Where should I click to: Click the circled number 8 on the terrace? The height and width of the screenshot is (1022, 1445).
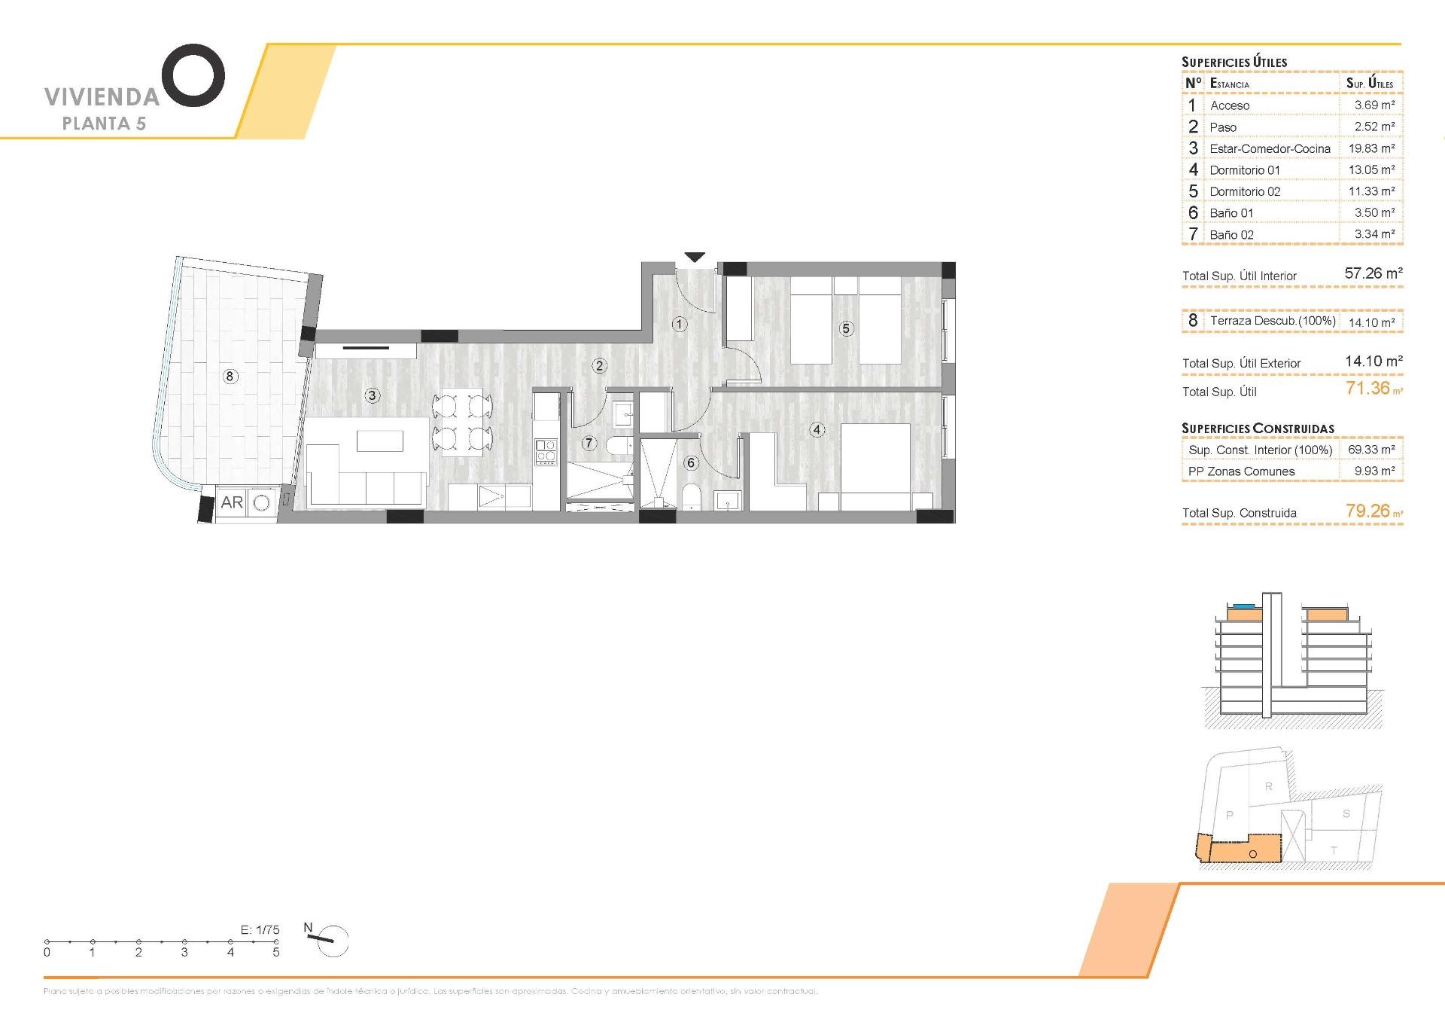pyautogui.click(x=230, y=376)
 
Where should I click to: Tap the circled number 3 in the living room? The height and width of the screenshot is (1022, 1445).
pyautogui.click(x=373, y=395)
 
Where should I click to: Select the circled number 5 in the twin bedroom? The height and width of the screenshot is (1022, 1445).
pyautogui.click(x=847, y=328)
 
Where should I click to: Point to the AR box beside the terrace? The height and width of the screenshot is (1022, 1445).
pyautogui.click(x=232, y=502)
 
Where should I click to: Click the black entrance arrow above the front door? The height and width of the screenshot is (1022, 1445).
pyautogui.click(x=695, y=257)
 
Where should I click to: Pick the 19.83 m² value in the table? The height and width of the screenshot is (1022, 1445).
pyautogui.click(x=1370, y=148)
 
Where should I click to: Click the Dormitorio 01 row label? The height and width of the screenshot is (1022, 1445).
pyautogui.click(x=1245, y=170)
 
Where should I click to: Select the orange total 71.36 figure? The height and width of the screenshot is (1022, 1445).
pyautogui.click(x=1367, y=389)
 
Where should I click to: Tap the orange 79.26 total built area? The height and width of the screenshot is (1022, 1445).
pyautogui.click(x=1367, y=511)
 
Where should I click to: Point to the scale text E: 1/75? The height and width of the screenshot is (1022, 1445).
pyautogui.click(x=260, y=930)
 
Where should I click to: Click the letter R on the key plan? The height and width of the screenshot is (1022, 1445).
pyautogui.click(x=1268, y=787)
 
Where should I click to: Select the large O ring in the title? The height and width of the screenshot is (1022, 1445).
pyautogui.click(x=193, y=75)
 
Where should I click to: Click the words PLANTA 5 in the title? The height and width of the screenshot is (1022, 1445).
pyautogui.click(x=104, y=124)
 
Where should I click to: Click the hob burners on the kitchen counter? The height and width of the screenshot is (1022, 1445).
pyautogui.click(x=546, y=451)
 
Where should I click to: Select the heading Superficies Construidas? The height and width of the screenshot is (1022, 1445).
pyautogui.click(x=1258, y=429)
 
